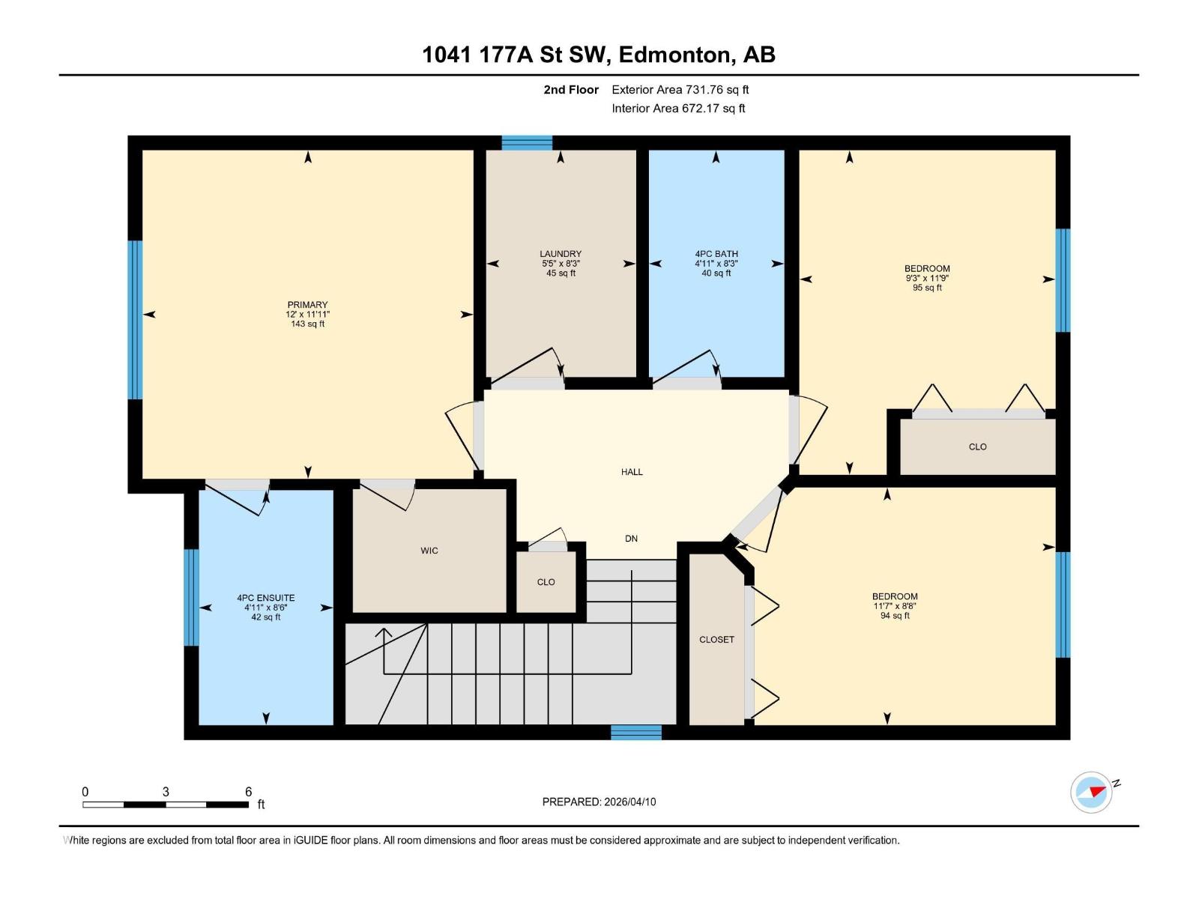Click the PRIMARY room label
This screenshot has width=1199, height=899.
tap(307, 305)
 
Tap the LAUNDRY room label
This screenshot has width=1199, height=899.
tap(561, 254)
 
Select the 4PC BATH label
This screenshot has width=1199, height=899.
tap(716, 254)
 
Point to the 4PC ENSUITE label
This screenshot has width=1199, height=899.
tap(266, 598)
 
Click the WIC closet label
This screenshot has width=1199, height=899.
tap(429, 551)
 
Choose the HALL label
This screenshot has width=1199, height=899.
tap(632, 472)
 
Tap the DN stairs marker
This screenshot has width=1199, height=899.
tap(631, 539)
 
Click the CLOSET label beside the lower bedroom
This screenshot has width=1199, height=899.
tap(716, 640)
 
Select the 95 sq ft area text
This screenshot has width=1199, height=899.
tap(927, 288)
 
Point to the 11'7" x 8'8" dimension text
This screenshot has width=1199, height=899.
tap(895, 606)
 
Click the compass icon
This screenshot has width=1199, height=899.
tap(1092, 792)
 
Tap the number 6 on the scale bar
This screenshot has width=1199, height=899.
tap(248, 792)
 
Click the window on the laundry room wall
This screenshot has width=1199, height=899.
tap(527, 143)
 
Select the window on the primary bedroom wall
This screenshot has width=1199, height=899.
tap(135, 320)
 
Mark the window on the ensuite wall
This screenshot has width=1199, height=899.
tap(192, 597)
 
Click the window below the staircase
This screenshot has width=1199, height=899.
tap(635, 732)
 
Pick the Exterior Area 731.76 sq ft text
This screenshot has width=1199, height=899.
tap(680, 90)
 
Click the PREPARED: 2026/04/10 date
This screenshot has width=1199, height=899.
tap(599, 802)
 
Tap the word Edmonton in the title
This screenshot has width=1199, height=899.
tap(674, 55)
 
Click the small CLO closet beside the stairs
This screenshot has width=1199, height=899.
tap(546, 582)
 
